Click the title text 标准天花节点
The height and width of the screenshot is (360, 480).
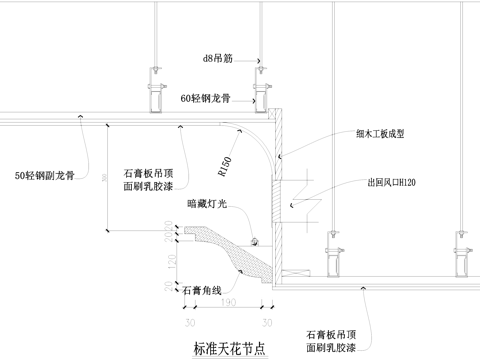click(229, 347)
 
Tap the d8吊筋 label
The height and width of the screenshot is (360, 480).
click(218, 59)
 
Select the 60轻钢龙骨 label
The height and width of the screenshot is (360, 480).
click(206, 99)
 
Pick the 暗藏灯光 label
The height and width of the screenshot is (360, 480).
click(205, 204)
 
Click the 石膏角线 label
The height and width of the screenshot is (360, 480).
click(201, 291)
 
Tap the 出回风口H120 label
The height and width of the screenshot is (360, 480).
click(392, 184)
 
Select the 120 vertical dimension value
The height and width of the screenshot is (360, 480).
click(170, 263)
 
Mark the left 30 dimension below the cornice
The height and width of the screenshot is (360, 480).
click(189, 323)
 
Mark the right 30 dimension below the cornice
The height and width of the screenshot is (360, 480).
click(266, 323)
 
